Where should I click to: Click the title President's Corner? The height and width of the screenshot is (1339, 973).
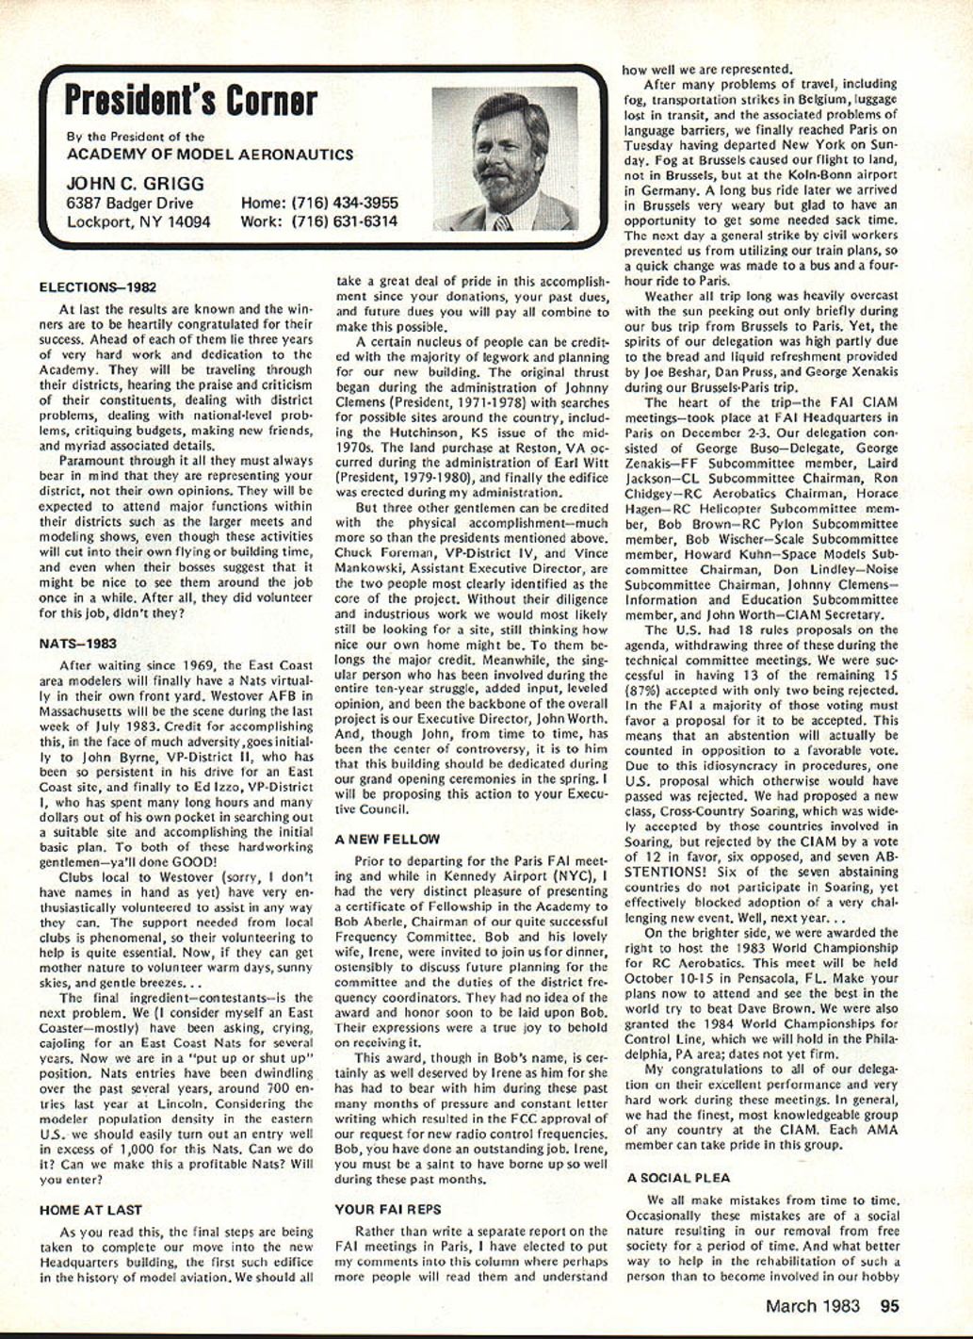pos(191,100)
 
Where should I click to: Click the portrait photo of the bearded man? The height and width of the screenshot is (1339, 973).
pos(504,158)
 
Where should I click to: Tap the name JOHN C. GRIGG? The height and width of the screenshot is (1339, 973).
pos(135,183)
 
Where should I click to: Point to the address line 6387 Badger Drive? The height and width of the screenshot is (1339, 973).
pos(130,203)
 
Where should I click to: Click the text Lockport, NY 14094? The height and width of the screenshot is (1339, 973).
pos(138,222)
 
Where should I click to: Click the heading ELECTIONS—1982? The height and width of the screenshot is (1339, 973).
pos(98,287)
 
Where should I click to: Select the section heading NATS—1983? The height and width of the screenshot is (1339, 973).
pos(78,645)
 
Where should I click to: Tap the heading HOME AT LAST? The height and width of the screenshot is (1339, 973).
pos(90,1210)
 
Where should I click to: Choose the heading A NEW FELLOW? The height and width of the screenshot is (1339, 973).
pos(387,839)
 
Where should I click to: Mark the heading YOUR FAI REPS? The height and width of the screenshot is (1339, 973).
pos(387,1209)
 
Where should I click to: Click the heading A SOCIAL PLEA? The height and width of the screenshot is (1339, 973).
pos(678,1178)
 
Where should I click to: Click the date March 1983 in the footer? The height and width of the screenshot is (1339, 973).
pos(812,1306)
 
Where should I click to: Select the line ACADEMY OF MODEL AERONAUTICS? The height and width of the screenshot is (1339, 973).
pos(210,155)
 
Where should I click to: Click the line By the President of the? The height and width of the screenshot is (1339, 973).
pos(135,136)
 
